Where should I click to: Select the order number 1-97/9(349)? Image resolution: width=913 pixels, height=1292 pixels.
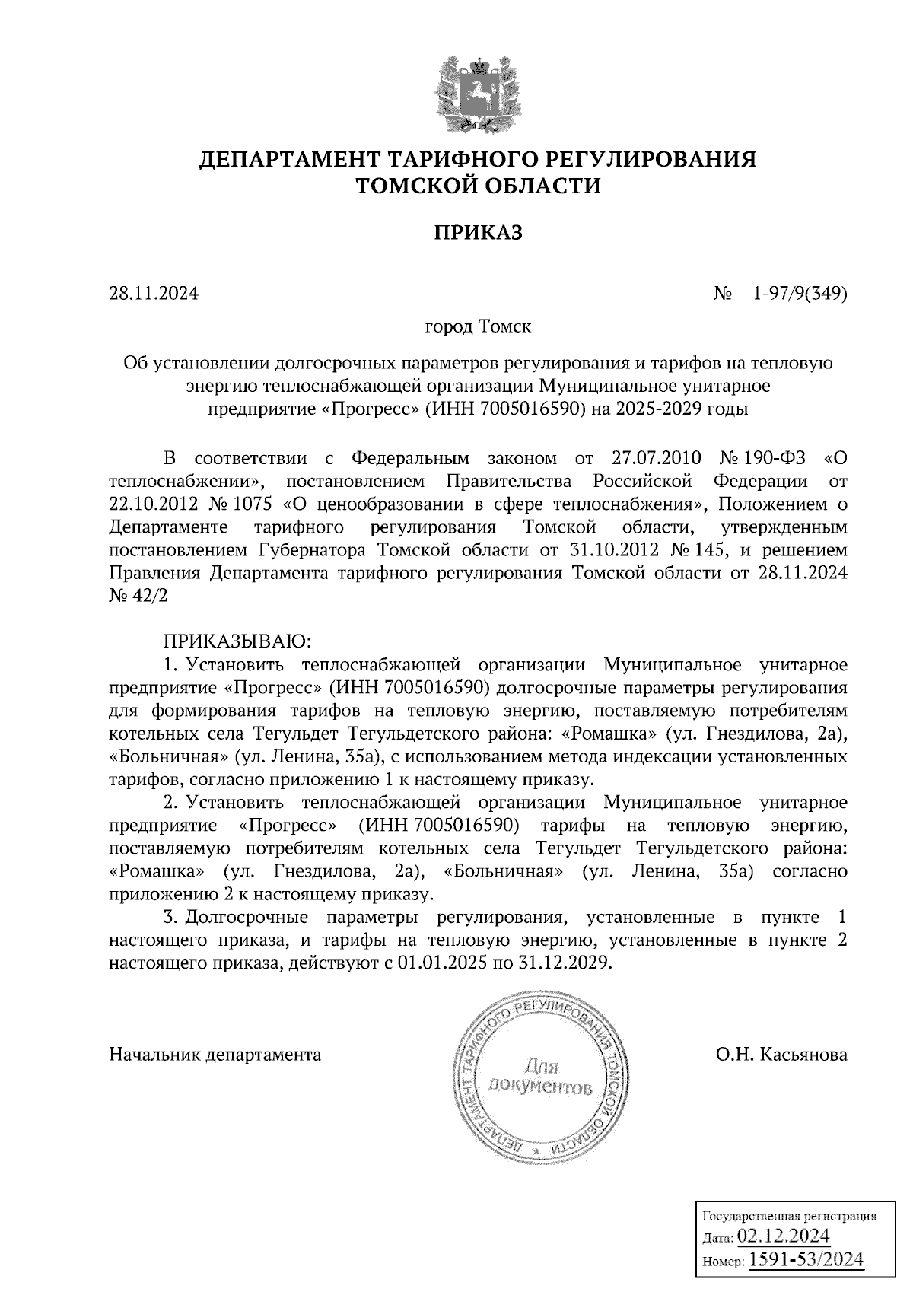coord(799,293)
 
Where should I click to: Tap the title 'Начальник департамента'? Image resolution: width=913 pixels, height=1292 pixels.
coord(215,1055)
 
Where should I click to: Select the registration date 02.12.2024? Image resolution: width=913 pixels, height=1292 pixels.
coord(784,1234)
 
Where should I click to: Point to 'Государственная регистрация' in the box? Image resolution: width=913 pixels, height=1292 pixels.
coord(788,1215)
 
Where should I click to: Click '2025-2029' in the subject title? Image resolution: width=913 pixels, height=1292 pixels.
coord(660,409)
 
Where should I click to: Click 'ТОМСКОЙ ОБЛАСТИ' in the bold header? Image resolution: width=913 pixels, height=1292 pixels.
coord(478,186)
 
